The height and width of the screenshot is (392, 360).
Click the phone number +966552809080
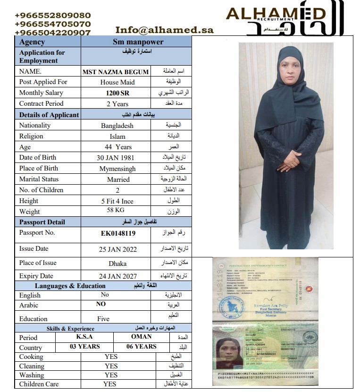(52, 15)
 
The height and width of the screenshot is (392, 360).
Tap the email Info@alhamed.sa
(164, 30)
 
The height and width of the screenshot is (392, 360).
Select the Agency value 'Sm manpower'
(136, 42)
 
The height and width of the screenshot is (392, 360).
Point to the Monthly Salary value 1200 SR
(117, 93)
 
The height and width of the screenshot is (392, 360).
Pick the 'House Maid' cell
(117, 82)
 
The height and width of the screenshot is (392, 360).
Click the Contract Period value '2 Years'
(117, 104)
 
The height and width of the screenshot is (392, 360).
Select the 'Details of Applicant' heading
(49, 115)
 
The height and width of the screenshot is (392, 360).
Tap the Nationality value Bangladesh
(117, 126)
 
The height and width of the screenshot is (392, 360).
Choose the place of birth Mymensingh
(117, 169)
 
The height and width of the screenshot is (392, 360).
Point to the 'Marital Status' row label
(39, 179)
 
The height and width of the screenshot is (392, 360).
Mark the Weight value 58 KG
(116, 211)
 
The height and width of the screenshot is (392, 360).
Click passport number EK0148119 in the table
(118, 233)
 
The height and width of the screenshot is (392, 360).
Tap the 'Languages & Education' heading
(70, 286)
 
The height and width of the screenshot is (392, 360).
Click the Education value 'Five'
(103, 319)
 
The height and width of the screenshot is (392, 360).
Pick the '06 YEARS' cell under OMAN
(142, 347)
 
